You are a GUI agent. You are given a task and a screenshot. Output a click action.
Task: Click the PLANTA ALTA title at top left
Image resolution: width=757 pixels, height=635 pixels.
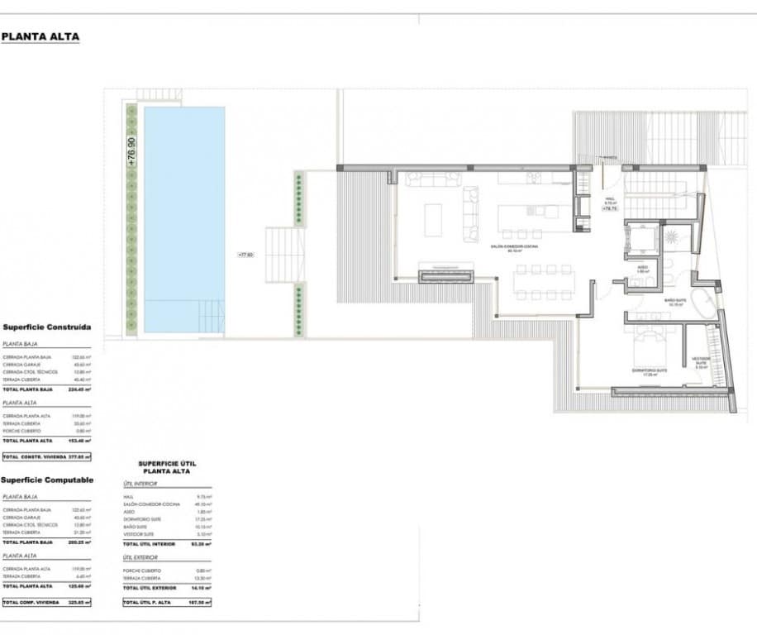[40, 36]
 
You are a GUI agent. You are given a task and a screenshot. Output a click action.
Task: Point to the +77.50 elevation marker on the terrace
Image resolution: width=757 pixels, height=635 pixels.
[245, 255]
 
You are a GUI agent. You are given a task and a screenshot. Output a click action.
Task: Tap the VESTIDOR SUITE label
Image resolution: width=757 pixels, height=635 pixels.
[700, 360]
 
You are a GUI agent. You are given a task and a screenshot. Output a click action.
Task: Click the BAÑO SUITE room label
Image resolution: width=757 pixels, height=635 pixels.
[676, 302]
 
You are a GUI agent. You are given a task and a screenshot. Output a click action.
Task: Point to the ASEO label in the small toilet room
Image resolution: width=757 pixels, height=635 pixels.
[643, 269]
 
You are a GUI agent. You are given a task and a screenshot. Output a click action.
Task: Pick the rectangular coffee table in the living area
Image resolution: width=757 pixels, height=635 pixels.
[434, 220]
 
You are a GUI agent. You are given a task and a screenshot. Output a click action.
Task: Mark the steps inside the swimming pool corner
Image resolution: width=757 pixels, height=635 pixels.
[211, 316]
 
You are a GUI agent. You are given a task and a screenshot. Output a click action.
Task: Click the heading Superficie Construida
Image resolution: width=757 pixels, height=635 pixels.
[47, 327]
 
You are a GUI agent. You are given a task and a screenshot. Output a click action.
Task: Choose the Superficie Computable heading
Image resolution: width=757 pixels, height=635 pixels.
[47, 480]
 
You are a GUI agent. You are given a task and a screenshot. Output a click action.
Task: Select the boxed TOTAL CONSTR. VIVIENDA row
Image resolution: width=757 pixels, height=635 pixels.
[46, 456]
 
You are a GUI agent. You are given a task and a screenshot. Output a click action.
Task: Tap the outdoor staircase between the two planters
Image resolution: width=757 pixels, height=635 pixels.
[285, 255]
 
